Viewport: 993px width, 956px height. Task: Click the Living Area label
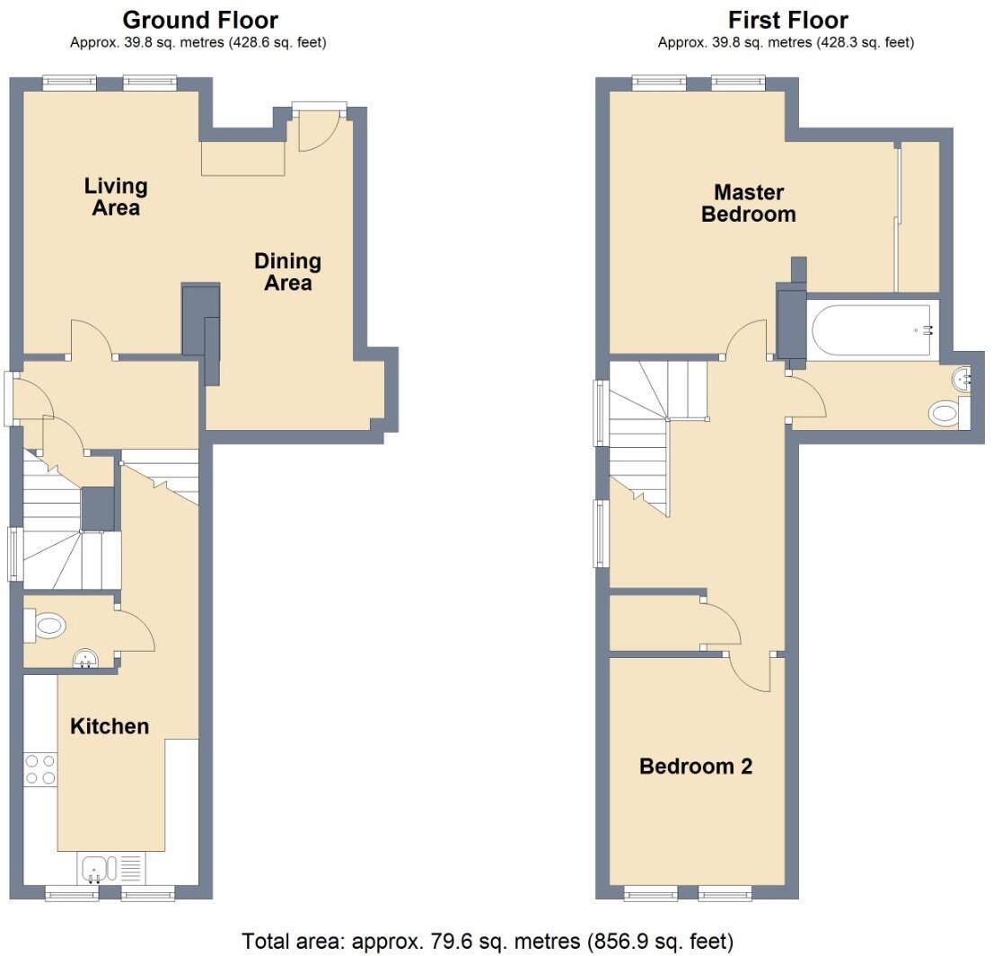[x=116, y=197]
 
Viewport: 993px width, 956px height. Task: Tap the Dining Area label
[x=287, y=272]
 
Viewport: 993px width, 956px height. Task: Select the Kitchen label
[x=110, y=726]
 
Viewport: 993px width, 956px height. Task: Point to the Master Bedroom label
[x=748, y=204]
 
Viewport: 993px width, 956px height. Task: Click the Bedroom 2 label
[x=695, y=767]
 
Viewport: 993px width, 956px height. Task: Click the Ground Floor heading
[x=199, y=20]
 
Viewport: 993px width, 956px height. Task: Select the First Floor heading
[x=787, y=20]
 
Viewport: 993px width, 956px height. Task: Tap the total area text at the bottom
[x=488, y=942]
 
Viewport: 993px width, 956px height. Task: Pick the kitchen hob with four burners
[x=40, y=769]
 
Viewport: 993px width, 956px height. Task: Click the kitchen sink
[x=96, y=868]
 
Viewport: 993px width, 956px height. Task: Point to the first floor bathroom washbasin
[x=962, y=380]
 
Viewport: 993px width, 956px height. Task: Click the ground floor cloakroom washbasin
[x=87, y=661]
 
